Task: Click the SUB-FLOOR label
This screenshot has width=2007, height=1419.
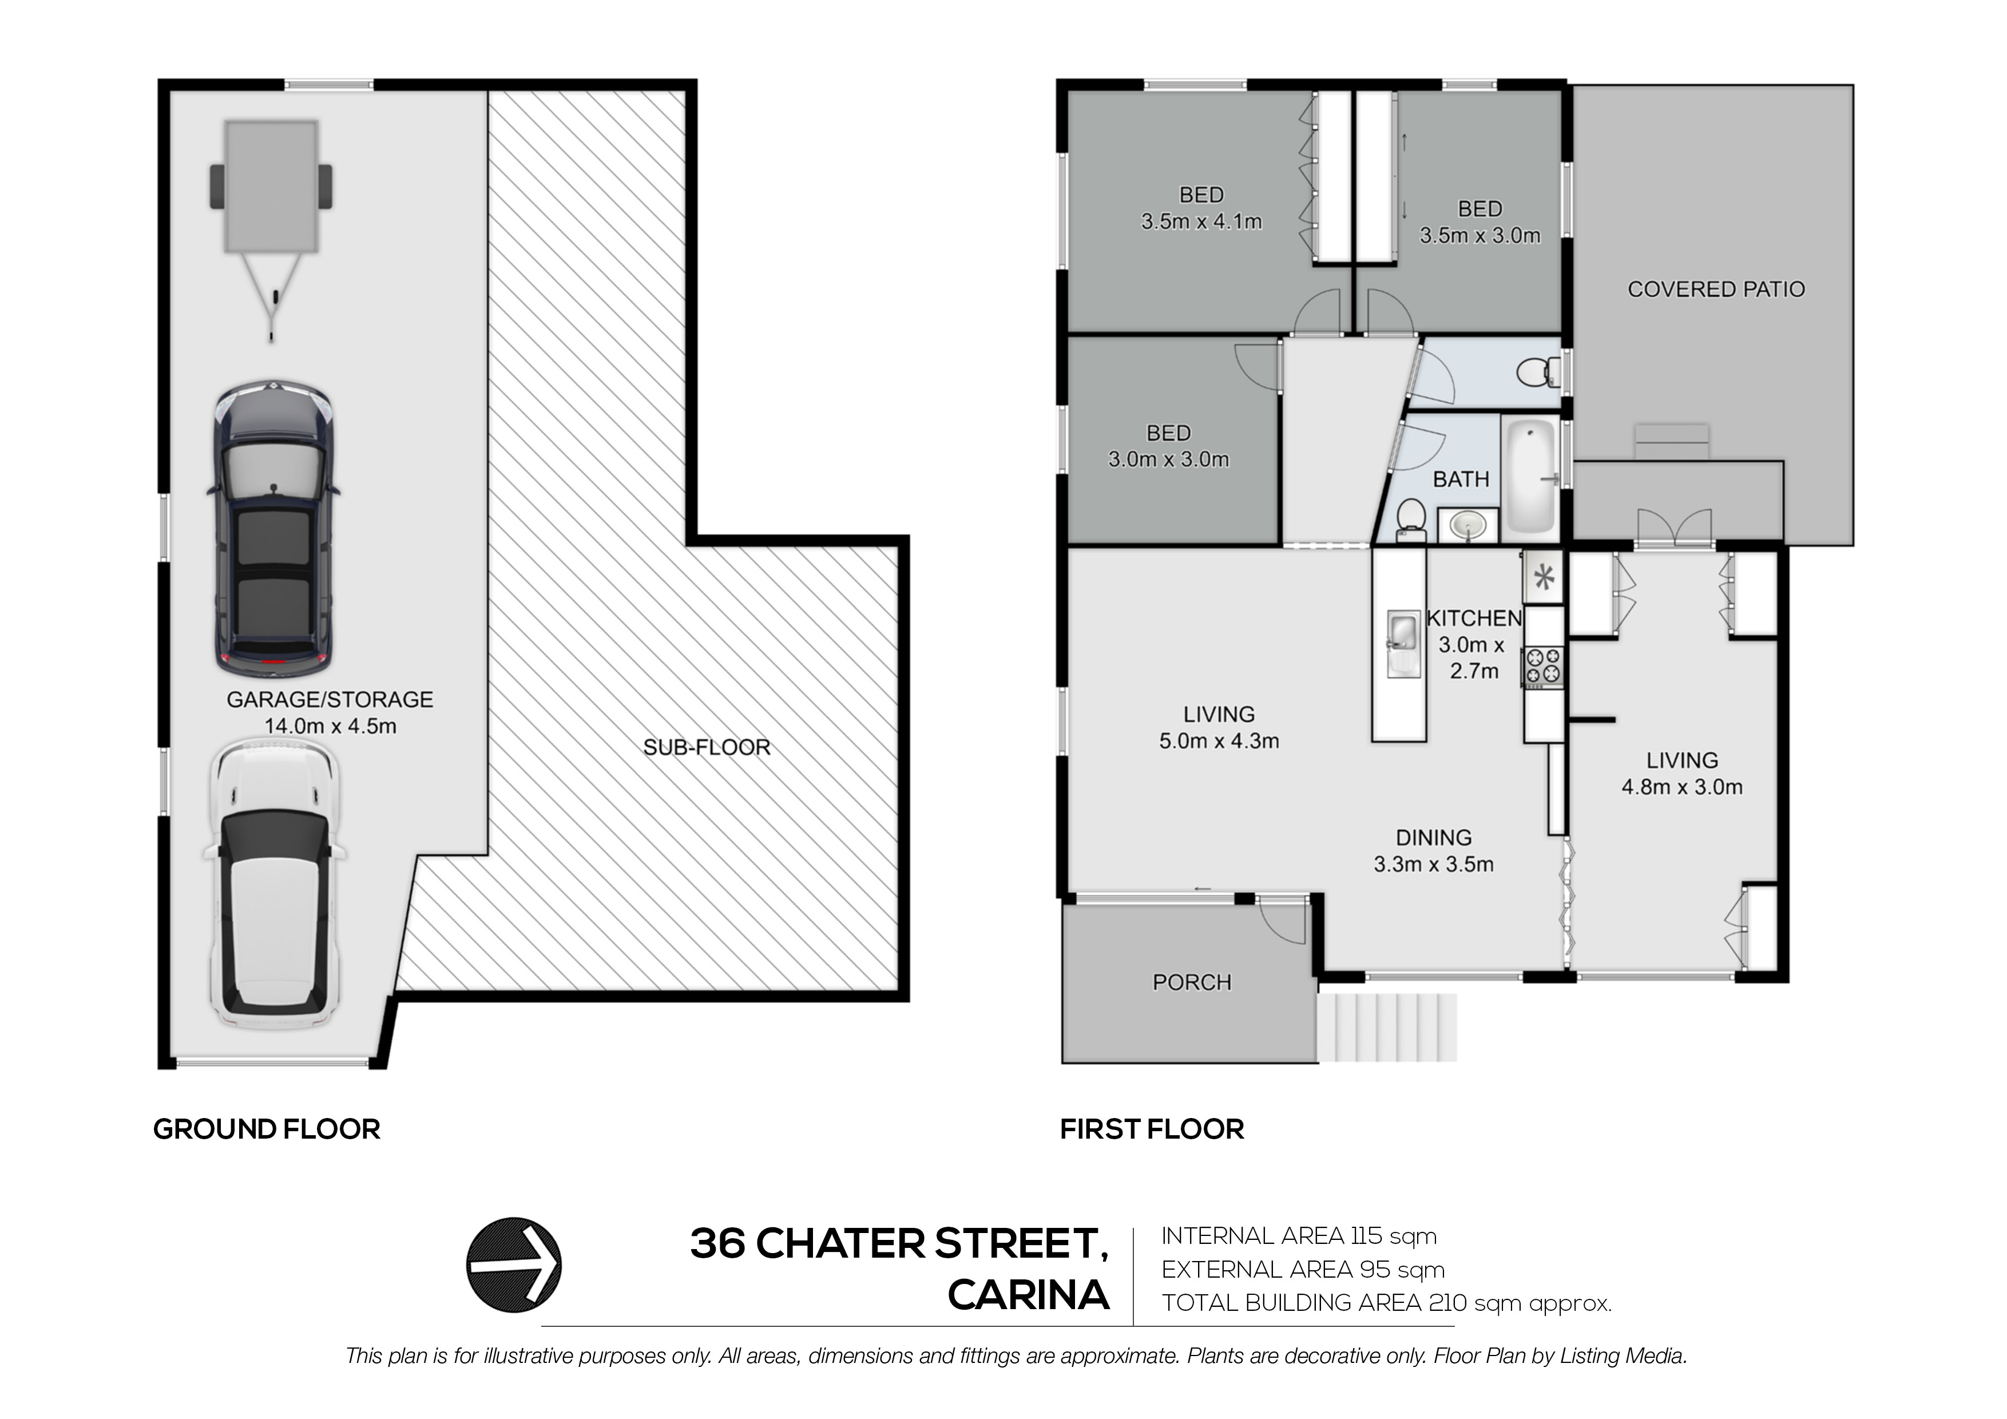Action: (x=707, y=747)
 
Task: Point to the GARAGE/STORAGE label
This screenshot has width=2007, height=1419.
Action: (x=330, y=699)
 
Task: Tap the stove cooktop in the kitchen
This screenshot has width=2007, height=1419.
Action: (x=1544, y=666)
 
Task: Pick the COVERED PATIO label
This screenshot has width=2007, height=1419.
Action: (x=1716, y=290)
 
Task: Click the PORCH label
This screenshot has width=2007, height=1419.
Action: (x=1191, y=983)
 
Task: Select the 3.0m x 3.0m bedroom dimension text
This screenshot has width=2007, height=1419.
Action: (x=1169, y=460)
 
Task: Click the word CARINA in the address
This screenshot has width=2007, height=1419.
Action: (x=1029, y=1296)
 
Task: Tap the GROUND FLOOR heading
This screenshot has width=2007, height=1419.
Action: (x=267, y=1129)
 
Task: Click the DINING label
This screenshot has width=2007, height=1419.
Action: (x=1434, y=838)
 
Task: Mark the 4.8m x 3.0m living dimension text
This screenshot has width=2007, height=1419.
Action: (x=1682, y=787)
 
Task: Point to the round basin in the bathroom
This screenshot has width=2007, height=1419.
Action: (x=1467, y=525)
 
